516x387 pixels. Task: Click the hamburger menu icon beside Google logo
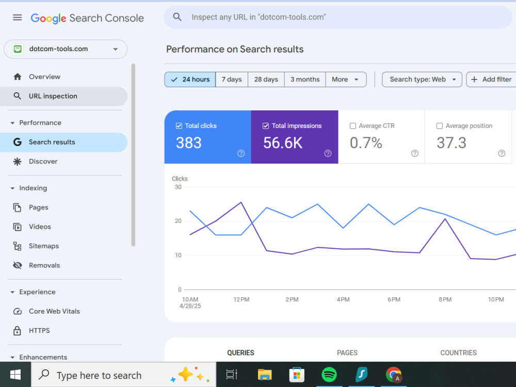[x=18, y=18]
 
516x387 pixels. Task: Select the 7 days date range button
[x=232, y=79]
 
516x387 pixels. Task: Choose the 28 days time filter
[x=266, y=79]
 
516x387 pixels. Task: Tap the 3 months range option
[x=305, y=79]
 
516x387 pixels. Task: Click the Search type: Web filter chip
[x=422, y=79]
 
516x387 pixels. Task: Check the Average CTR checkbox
[x=353, y=126]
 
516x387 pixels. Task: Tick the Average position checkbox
[x=439, y=126]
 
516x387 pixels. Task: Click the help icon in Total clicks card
[x=241, y=153]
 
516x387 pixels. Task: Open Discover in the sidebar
[x=43, y=161]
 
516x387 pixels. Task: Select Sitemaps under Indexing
[x=44, y=246]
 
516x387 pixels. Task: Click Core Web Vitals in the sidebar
[x=54, y=311]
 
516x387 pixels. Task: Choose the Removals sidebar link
[x=44, y=265]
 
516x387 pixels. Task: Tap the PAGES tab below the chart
[x=347, y=353]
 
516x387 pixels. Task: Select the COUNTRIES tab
[x=458, y=353]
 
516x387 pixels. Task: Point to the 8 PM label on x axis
[x=445, y=299]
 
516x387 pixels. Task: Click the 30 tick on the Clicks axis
[x=178, y=187]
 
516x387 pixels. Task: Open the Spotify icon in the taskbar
[x=329, y=375]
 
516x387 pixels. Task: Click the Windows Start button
[x=15, y=375]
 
